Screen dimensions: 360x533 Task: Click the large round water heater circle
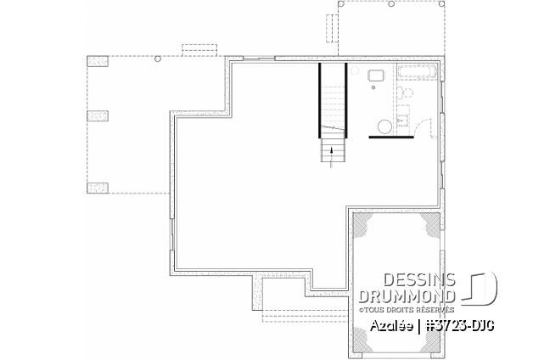385,126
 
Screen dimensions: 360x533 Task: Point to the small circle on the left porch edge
158,59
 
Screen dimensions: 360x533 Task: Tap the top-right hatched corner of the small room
429,223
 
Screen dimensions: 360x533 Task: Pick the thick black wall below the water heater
390,136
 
